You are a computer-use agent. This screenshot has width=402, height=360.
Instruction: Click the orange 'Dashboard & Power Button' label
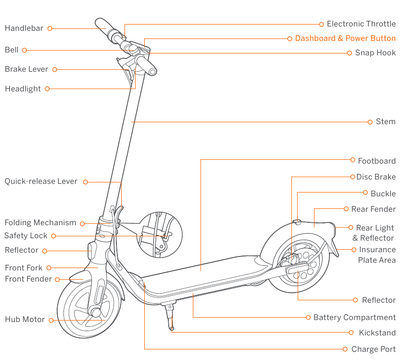[x=345, y=39]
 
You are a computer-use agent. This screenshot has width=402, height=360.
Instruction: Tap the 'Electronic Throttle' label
[x=361, y=24]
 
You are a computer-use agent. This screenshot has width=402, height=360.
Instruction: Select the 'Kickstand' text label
[x=377, y=333]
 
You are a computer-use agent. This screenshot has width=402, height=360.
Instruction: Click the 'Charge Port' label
[x=374, y=349]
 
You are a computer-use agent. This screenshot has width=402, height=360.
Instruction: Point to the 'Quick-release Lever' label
[x=41, y=182]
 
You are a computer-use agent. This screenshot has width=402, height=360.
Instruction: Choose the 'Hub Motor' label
[x=25, y=320]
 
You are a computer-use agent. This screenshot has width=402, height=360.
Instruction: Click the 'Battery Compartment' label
[x=354, y=318]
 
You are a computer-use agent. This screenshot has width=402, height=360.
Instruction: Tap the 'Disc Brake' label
[x=376, y=177]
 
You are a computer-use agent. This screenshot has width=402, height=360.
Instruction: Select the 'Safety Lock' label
[x=25, y=236]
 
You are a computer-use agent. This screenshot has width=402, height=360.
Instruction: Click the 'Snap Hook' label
[x=375, y=53]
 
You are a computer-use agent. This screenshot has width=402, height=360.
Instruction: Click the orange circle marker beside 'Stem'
[x=370, y=122]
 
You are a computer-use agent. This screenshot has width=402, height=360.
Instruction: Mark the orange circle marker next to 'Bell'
[x=24, y=50]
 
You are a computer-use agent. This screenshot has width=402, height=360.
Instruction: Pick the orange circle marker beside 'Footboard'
[x=352, y=161]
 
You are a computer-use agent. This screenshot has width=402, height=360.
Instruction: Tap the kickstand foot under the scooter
[x=172, y=329]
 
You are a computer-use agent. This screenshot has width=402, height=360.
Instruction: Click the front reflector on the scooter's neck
[x=91, y=251]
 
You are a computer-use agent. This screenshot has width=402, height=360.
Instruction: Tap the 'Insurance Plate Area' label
[x=377, y=255]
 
